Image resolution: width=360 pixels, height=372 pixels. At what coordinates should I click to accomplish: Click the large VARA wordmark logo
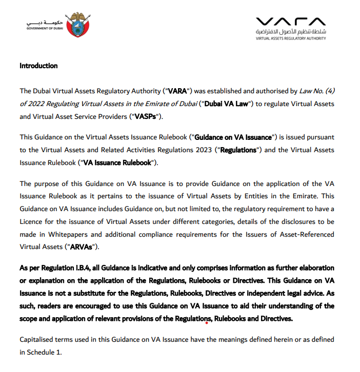290,22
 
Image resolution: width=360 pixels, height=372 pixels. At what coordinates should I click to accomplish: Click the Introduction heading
38,66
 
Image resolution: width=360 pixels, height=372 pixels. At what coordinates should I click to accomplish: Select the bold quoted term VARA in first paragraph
177,91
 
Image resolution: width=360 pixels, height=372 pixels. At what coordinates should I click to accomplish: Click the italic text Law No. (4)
317,91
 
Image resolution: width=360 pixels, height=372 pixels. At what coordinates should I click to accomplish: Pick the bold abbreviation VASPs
145,116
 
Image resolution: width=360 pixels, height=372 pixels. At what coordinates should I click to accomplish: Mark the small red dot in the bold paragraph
207,323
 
